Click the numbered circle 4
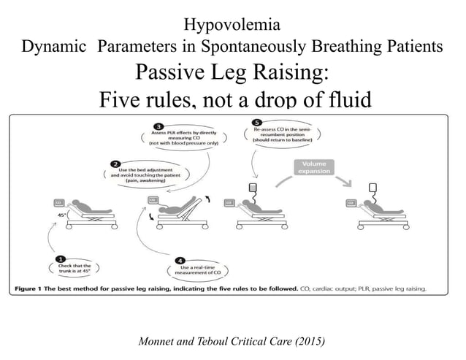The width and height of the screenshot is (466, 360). coord(180,259)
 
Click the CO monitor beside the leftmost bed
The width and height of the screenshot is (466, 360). coord(58,202)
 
